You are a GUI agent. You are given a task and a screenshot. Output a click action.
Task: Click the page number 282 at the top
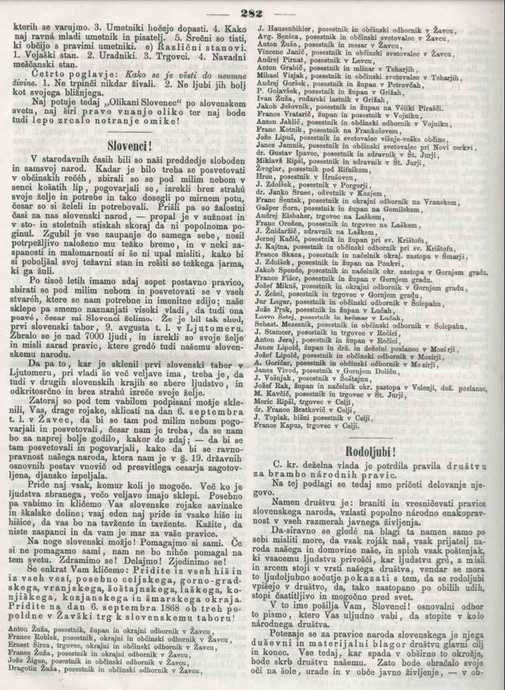[252, 10]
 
